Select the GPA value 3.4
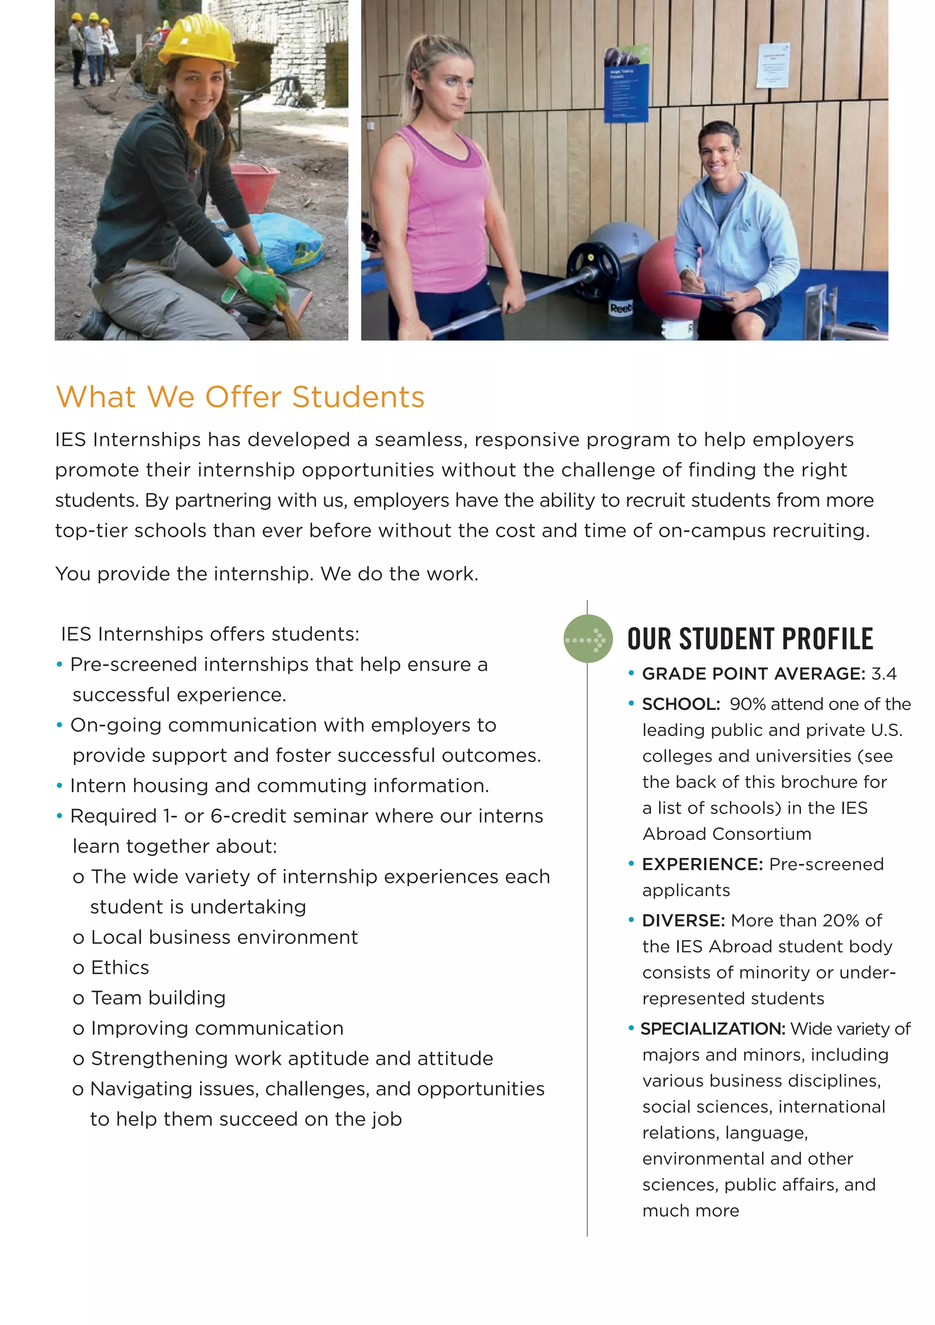(883, 673)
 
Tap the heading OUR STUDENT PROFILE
(750, 639)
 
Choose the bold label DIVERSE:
(683, 920)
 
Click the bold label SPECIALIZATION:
(713, 1028)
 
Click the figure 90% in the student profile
(747, 704)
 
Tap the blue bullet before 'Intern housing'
(59, 786)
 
